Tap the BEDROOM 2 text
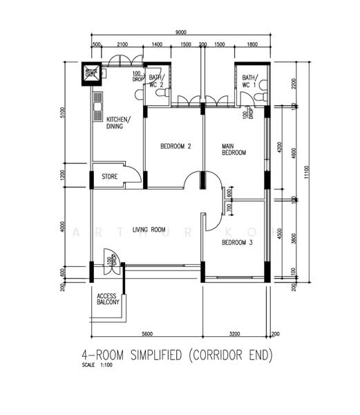(x=175, y=146)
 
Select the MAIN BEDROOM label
(x=234, y=149)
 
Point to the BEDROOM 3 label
(x=236, y=243)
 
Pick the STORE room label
(x=110, y=177)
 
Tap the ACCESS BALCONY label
(x=108, y=298)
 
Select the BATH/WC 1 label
(x=249, y=81)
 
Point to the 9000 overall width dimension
(x=180, y=33)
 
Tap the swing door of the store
(x=134, y=174)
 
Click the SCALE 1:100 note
(x=97, y=365)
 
